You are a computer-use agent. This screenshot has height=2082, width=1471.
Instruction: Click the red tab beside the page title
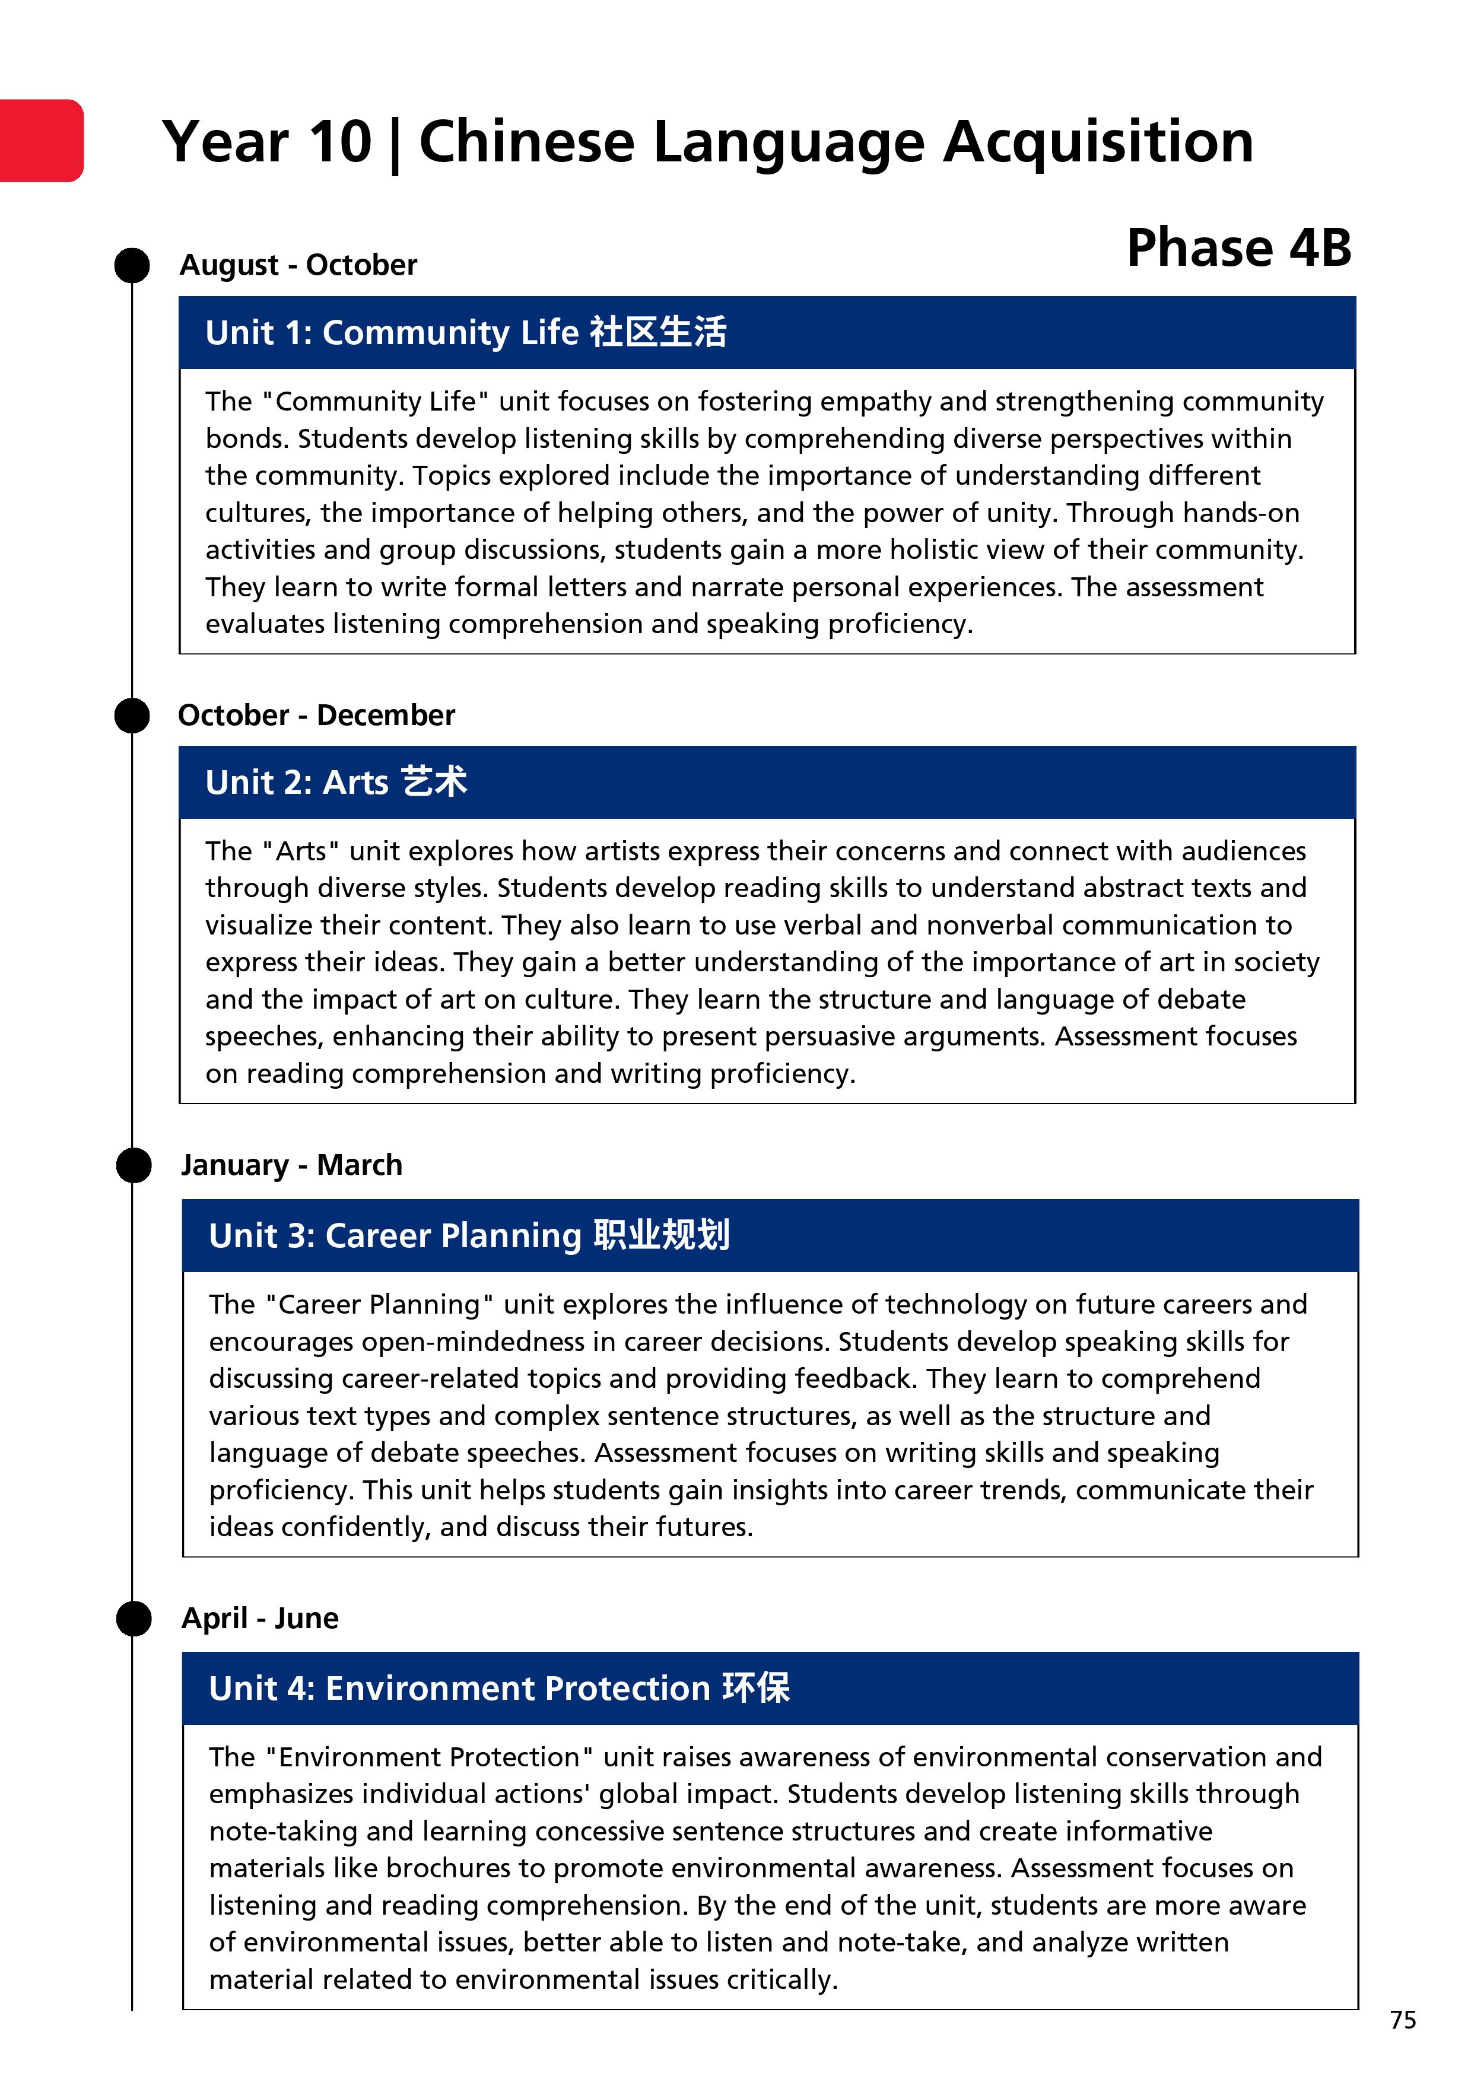point(41,141)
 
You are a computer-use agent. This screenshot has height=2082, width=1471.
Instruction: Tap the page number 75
point(1402,2020)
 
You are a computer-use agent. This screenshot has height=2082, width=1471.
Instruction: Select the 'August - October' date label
point(298,265)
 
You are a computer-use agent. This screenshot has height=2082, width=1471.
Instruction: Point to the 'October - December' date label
point(316,716)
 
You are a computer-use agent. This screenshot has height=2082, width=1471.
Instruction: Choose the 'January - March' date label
point(291,1165)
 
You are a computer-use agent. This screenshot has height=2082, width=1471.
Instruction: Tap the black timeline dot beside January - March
point(134,1165)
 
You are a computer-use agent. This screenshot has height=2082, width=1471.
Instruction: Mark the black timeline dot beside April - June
point(134,1619)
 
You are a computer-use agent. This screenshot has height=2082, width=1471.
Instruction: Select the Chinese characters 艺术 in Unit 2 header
point(434,781)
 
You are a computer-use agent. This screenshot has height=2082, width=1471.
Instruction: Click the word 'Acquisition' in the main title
point(1098,142)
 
